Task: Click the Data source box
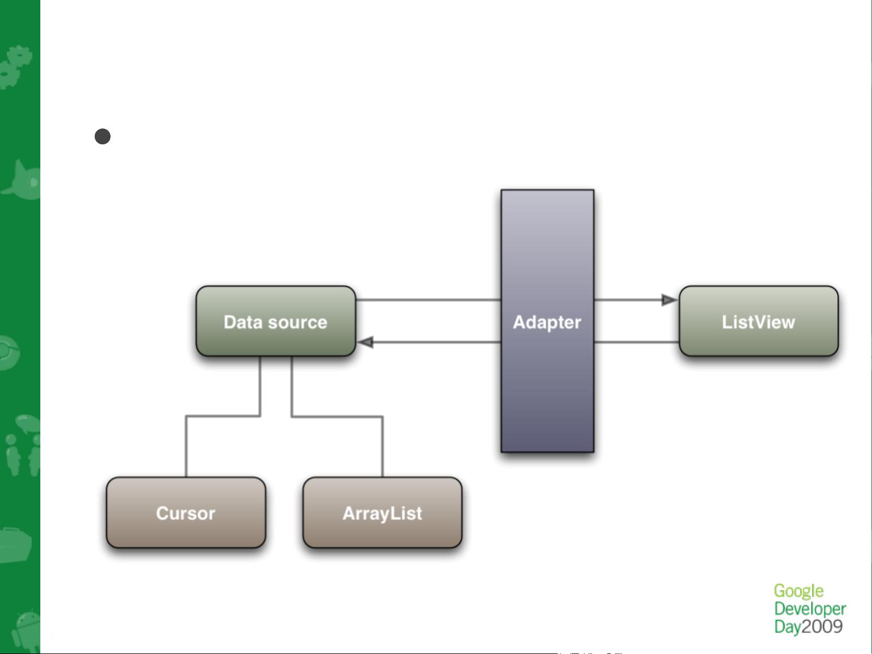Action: pyautogui.click(x=276, y=321)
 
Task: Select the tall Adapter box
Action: pyautogui.click(x=547, y=321)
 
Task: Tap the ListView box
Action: pyautogui.click(x=758, y=321)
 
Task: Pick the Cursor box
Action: pyautogui.click(x=186, y=512)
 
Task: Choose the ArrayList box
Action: pyautogui.click(x=382, y=512)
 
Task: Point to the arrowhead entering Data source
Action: pyautogui.click(x=365, y=342)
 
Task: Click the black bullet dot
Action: pyautogui.click(x=102, y=137)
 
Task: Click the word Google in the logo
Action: pyautogui.click(x=798, y=591)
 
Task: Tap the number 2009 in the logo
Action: pyautogui.click(x=822, y=627)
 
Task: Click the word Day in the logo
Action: pyautogui.click(x=788, y=627)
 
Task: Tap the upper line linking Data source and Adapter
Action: pyautogui.click(x=428, y=300)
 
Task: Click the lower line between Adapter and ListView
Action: pyautogui.click(x=636, y=342)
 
